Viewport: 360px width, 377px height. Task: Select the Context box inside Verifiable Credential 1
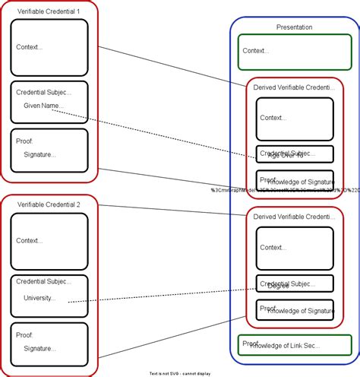tap(49, 47)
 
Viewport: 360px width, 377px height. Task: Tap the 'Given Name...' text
tap(43, 106)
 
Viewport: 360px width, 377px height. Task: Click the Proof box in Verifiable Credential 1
tap(49, 150)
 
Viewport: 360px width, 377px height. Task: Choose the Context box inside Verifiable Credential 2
tap(49, 240)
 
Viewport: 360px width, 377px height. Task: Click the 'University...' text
tap(39, 298)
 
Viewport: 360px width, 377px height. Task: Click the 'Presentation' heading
tap(294, 27)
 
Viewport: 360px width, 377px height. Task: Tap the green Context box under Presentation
tap(294, 52)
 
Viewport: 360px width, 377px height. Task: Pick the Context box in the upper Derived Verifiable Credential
tap(295, 118)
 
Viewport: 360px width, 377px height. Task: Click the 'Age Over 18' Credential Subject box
tap(295, 154)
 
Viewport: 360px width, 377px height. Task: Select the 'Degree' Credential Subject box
tap(295, 284)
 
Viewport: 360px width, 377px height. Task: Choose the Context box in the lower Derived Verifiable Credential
tap(295, 248)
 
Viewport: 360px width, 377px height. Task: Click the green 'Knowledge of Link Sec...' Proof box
tap(295, 345)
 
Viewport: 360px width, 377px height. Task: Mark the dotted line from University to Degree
tap(159, 295)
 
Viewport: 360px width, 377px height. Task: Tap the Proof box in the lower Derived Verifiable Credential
tap(295, 310)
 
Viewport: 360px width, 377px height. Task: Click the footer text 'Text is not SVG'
tap(180, 373)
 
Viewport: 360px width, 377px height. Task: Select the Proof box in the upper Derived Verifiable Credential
tap(295, 180)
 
